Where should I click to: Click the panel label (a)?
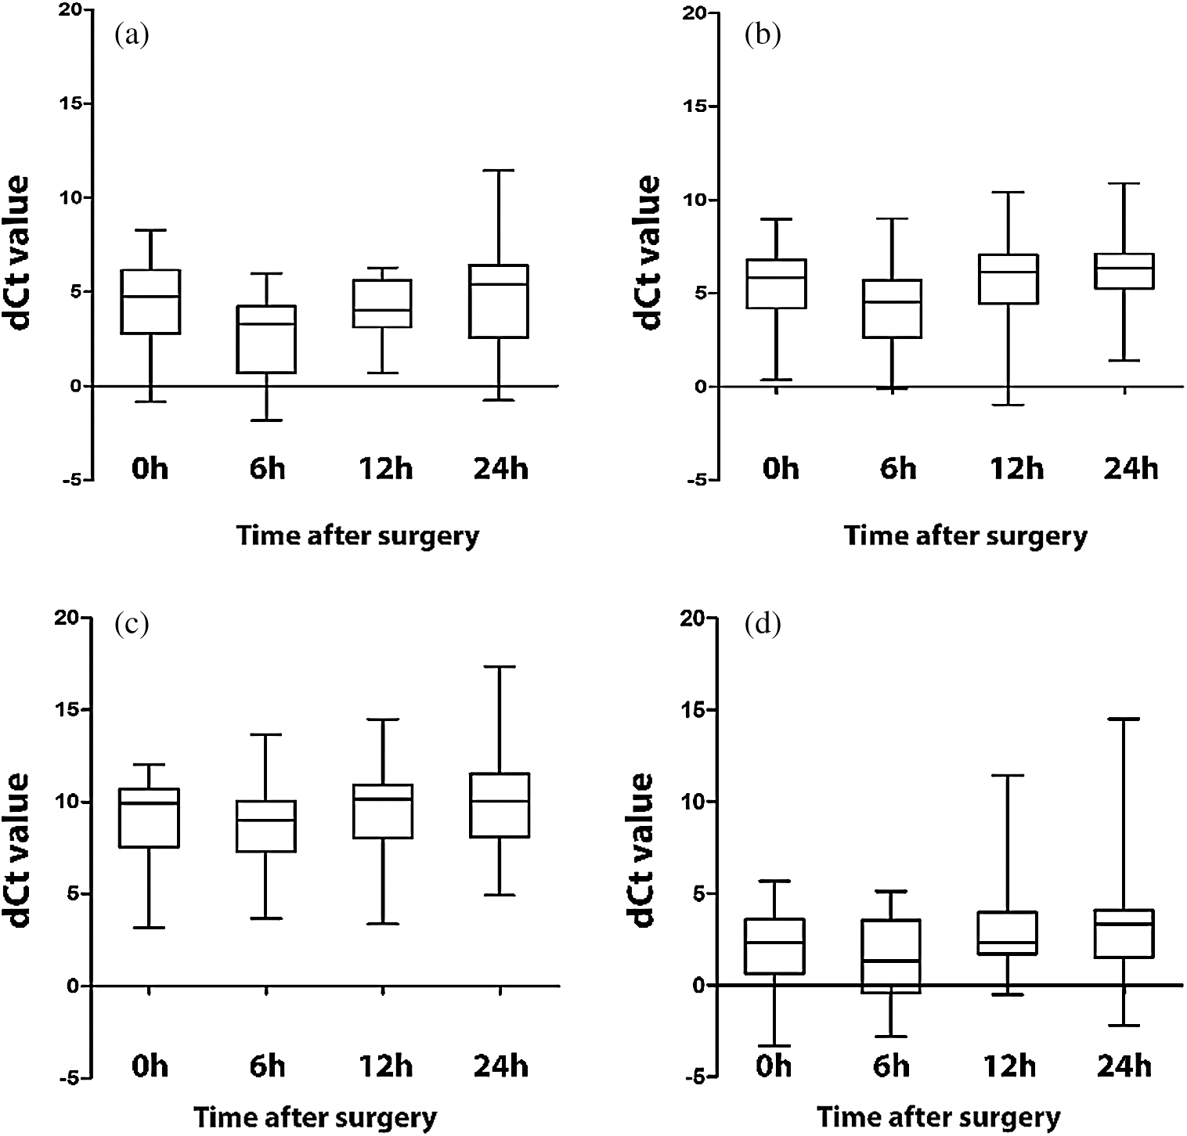click(132, 35)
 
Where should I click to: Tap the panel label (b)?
click(763, 35)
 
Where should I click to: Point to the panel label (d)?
click(763, 626)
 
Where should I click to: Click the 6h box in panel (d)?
click(890, 956)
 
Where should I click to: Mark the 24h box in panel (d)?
click(1124, 933)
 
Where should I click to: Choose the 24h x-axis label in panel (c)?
click(500, 1066)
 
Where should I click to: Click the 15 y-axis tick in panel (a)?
click(74, 104)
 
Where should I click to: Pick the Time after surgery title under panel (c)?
click(315, 1117)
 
